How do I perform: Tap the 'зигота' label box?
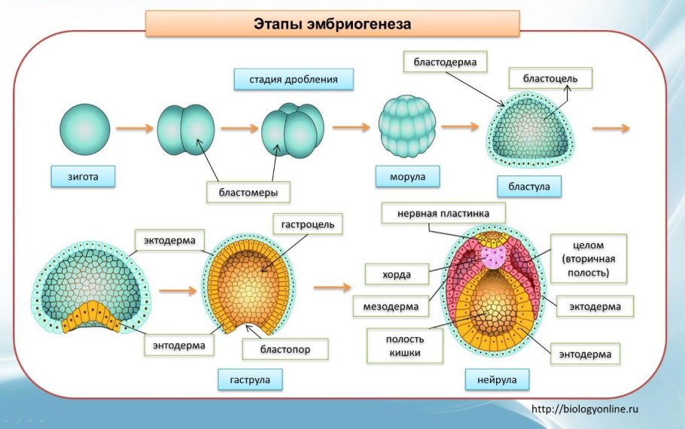83,177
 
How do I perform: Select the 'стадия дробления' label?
293,79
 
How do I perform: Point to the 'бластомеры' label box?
248,193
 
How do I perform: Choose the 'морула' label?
408,177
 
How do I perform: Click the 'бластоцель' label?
550,78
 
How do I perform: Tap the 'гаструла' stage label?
250,379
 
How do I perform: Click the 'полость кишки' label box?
404,345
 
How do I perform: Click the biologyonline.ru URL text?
585,409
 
